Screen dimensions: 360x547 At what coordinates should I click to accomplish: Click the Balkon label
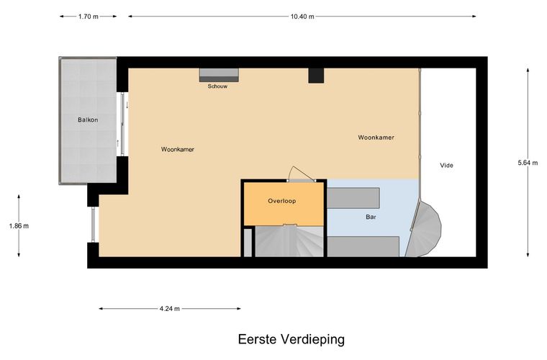88,120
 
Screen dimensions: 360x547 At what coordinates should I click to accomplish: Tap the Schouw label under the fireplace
218,85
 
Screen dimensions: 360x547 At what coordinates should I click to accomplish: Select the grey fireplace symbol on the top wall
219,74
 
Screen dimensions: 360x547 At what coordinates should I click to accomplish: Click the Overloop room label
282,201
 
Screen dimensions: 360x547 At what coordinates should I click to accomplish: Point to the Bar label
371,216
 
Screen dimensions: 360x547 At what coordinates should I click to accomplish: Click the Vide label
447,166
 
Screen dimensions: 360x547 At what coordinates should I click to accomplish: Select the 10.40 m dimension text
302,16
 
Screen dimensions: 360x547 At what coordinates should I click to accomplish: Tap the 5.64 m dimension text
527,163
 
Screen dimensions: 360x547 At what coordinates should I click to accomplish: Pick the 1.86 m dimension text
19,225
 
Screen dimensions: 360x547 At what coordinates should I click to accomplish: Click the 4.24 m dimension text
170,309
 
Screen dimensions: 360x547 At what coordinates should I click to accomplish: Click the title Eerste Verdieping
291,338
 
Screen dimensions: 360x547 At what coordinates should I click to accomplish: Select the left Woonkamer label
178,149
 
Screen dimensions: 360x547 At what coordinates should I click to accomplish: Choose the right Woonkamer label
376,137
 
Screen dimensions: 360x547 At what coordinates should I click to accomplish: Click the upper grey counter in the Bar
353,196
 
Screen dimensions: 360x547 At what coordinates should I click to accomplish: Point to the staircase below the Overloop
286,240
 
